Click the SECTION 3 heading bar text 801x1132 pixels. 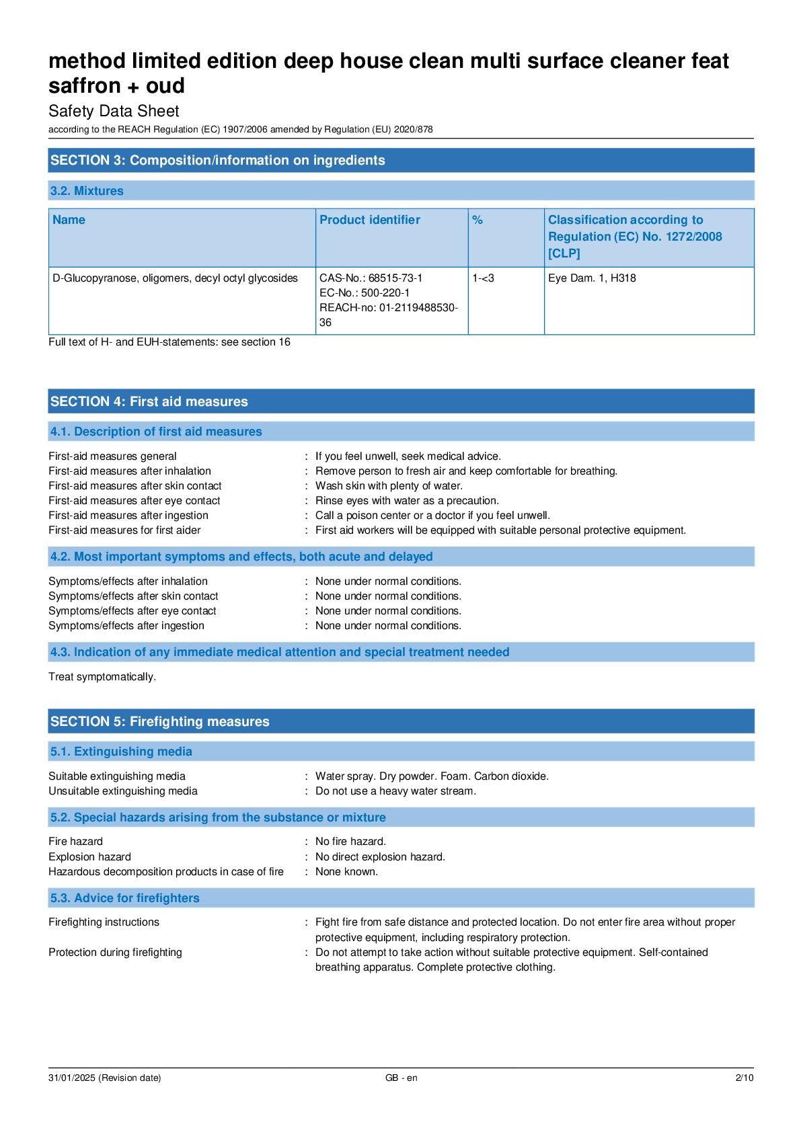point(217,160)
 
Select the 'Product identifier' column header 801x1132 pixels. point(369,220)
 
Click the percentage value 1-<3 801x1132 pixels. point(483,278)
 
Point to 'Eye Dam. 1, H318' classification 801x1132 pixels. point(592,278)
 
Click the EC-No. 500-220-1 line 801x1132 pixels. point(365,292)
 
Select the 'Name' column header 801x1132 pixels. point(69,220)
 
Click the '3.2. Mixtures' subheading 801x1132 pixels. point(87,191)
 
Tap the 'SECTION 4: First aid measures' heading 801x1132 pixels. point(149,401)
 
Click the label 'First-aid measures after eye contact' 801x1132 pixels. point(134,500)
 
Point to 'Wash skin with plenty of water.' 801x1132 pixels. point(389,485)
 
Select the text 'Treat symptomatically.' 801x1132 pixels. point(102,676)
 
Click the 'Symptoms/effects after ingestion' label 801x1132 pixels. point(126,625)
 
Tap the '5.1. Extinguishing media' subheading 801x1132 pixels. point(121,752)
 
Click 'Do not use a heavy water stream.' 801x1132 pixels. point(395,791)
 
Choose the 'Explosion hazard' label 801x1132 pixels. point(89,856)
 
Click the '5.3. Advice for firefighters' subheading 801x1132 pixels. point(124,898)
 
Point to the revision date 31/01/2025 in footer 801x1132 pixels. point(104,1078)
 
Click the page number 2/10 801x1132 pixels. point(744,1078)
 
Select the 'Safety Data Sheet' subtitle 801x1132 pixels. point(114,111)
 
